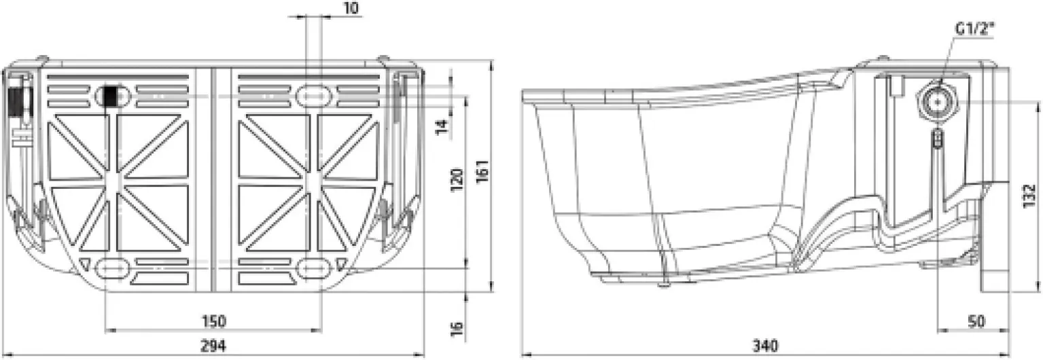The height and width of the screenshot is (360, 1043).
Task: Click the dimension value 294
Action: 213,346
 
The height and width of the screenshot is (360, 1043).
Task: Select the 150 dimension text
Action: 214,321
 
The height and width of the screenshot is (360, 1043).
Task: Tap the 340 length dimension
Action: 765,346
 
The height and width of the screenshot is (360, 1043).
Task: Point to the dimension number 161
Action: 483,171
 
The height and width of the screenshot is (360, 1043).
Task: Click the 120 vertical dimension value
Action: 457,179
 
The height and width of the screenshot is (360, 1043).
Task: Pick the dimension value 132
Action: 1029,196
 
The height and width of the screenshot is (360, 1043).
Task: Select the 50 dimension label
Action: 976,321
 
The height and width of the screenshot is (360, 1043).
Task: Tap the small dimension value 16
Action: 457,329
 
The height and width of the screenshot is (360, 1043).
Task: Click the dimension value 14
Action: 443,126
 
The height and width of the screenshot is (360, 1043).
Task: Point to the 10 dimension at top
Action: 351,8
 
